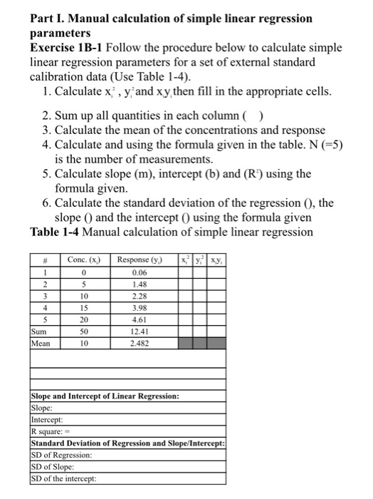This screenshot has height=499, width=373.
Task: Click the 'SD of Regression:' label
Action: [x=62, y=455]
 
